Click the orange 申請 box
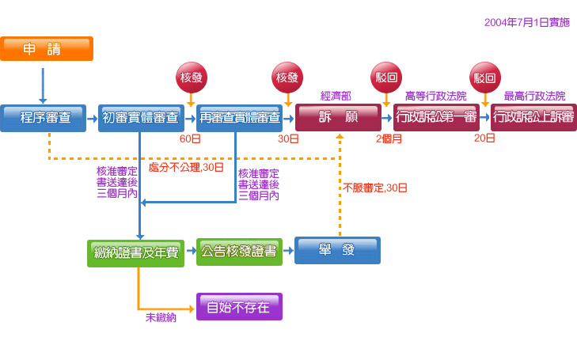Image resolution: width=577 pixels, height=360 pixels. [47, 49]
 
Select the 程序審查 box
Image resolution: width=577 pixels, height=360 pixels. [46, 118]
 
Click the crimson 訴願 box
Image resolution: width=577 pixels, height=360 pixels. [337, 118]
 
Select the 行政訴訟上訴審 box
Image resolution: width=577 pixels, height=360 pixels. [533, 118]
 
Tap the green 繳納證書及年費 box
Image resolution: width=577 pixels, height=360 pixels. [135, 252]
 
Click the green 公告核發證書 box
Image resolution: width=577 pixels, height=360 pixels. [239, 252]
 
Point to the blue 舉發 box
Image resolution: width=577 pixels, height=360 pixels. [337, 250]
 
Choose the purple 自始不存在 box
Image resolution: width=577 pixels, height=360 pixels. [239, 307]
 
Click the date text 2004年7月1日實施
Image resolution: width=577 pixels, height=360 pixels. [526, 23]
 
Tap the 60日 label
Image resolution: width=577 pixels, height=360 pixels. [190, 139]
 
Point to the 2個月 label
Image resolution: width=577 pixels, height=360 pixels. [389, 139]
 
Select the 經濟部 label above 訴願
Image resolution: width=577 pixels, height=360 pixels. [336, 96]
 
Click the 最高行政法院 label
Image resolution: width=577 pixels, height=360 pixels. [534, 96]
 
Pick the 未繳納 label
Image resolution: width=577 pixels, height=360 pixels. [161, 317]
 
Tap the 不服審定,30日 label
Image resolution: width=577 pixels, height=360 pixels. [375, 188]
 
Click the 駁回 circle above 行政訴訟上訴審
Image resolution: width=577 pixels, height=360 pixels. [484, 78]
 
